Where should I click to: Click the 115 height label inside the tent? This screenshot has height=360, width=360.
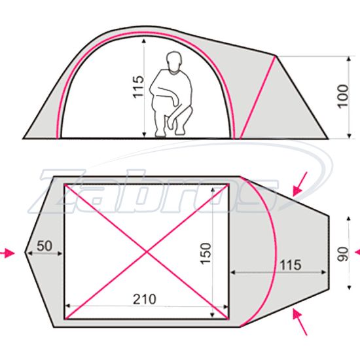pyautogui.click(x=139, y=87)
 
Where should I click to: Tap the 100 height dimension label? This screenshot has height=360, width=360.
pyautogui.click(x=343, y=96)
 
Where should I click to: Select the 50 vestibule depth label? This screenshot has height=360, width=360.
pyautogui.click(x=45, y=246)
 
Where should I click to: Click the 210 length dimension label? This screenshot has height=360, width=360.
pyautogui.click(x=145, y=299)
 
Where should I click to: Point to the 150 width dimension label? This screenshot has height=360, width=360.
pyautogui.click(x=206, y=253)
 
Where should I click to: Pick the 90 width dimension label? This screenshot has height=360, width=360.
pyautogui.click(x=343, y=254)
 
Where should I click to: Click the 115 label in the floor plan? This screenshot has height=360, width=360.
pyautogui.click(x=290, y=265)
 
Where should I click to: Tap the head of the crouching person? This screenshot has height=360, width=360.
pyautogui.click(x=174, y=62)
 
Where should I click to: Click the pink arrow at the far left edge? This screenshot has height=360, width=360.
pyautogui.click(x=7, y=253)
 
